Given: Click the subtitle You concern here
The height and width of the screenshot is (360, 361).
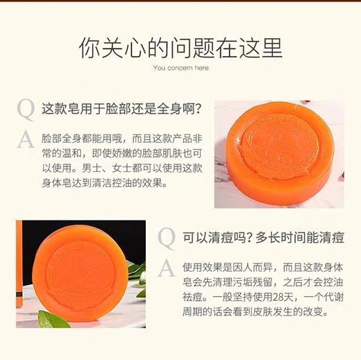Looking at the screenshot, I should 180,68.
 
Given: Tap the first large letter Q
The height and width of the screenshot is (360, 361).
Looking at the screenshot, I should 25,110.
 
